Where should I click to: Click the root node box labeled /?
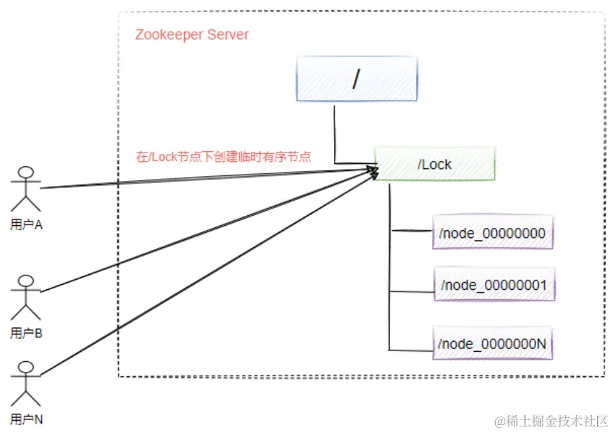pyautogui.click(x=358, y=81)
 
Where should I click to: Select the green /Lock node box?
pyautogui.click(x=435, y=164)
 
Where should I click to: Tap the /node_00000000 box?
pyautogui.click(x=492, y=232)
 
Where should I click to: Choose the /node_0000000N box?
pyautogui.click(x=493, y=344)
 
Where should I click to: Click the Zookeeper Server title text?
pyautogui.click(x=192, y=35)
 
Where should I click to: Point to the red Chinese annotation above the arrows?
pyautogui.click(x=223, y=156)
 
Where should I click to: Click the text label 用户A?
pyautogui.click(x=27, y=225)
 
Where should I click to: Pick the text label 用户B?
pyautogui.click(x=27, y=333)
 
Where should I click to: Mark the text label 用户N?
pyautogui.click(x=27, y=419)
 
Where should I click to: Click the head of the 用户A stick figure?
pyautogui.click(x=27, y=173)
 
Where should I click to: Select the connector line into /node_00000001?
pyautogui.click(x=412, y=291)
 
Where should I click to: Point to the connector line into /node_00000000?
pyautogui.click(x=412, y=231)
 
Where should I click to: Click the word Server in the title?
pyautogui.click(x=229, y=35)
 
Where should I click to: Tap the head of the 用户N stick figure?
pyautogui.click(x=27, y=367)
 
